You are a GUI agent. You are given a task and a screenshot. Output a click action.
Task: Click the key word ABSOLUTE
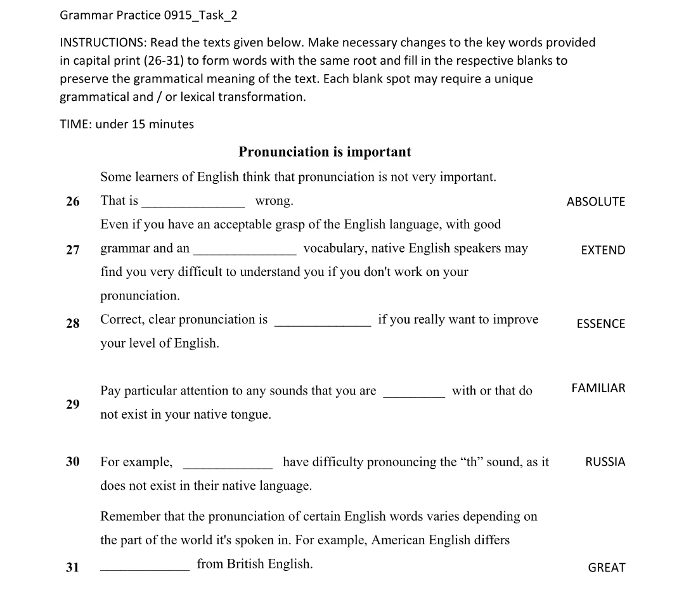(595, 202)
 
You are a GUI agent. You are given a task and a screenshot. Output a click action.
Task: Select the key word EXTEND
(603, 250)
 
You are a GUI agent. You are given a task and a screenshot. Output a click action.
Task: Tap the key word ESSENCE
(600, 324)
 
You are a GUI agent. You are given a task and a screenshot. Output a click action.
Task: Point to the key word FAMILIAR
(598, 388)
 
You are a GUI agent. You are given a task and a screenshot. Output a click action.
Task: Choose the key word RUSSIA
(605, 462)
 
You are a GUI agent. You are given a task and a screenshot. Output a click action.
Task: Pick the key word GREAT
(606, 568)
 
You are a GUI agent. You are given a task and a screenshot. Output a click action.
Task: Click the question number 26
(73, 202)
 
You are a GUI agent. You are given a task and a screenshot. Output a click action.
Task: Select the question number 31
(73, 568)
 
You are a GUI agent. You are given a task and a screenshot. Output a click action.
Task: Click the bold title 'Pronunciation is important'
(325, 152)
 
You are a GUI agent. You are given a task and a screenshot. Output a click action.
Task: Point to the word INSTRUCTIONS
(102, 43)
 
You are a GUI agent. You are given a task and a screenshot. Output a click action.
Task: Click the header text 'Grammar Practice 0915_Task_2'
(148, 15)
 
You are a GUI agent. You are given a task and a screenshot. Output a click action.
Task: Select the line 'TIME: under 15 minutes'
(127, 124)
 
